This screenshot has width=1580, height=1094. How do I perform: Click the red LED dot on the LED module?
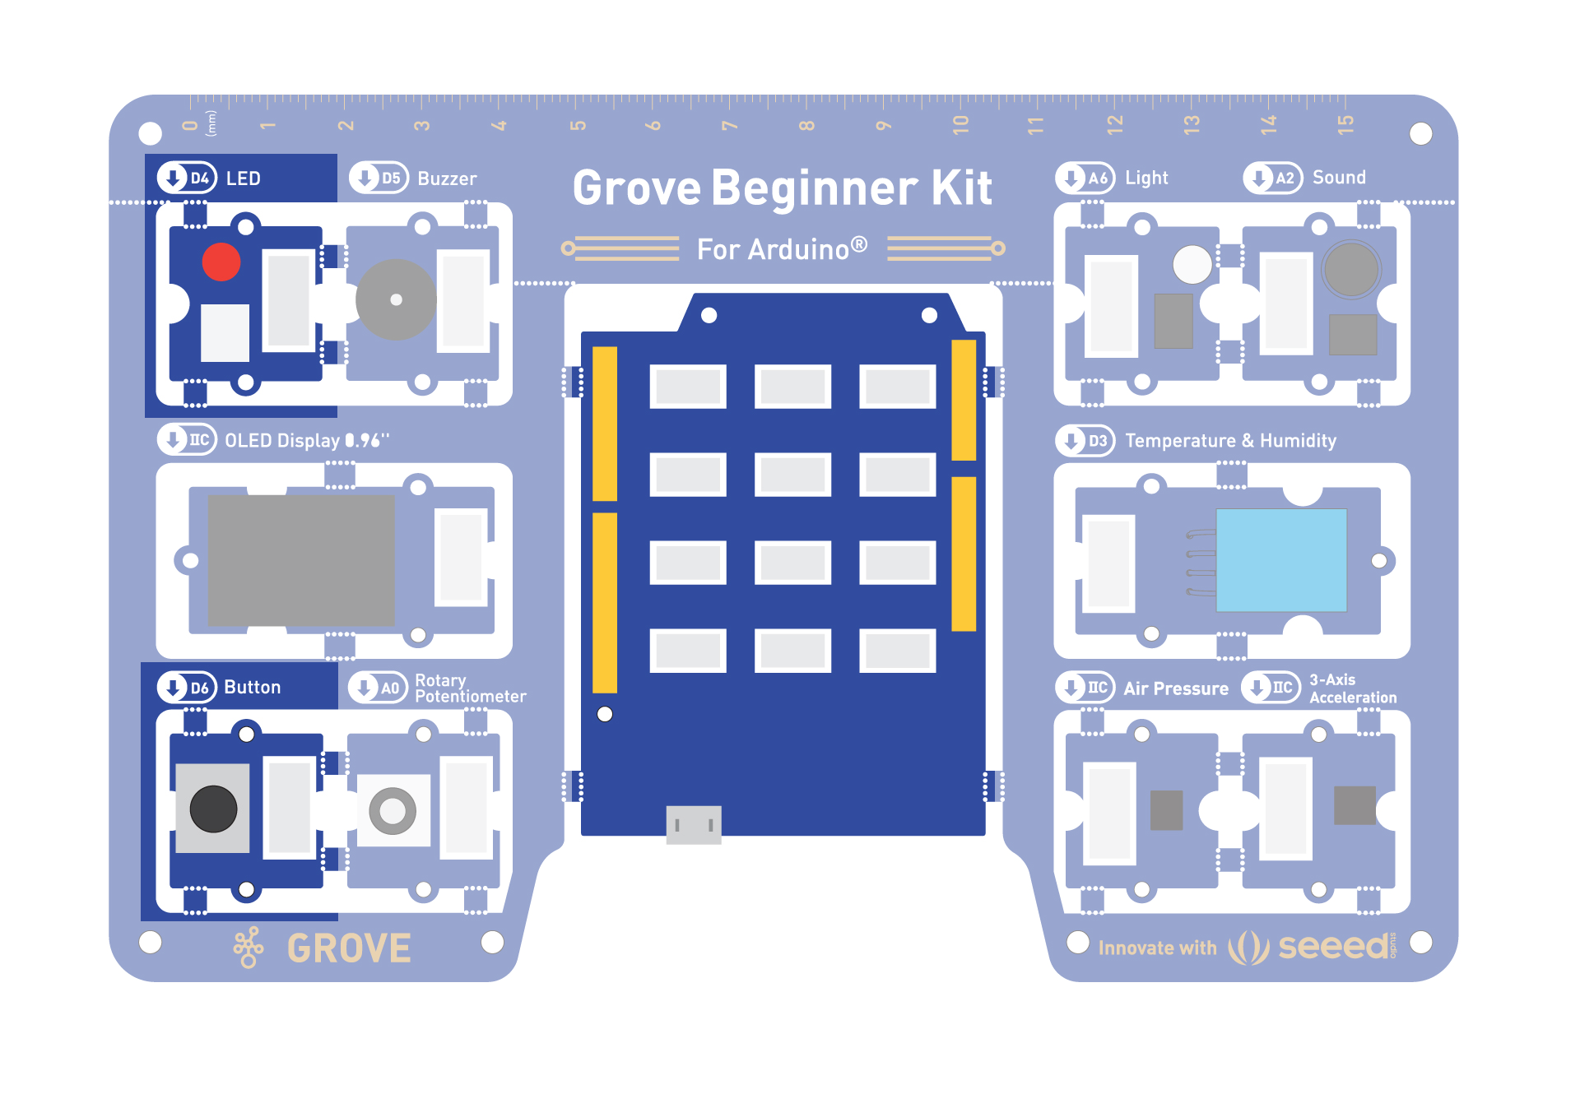click(x=221, y=262)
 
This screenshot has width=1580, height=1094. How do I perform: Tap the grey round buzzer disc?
click(x=396, y=299)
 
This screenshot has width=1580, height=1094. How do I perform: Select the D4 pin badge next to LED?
click(x=188, y=178)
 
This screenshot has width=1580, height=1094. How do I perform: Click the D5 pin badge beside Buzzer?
click(x=379, y=178)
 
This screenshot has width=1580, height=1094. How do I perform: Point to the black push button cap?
click(x=213, y=809)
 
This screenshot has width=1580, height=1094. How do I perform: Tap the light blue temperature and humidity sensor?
click(x=1281, y=560)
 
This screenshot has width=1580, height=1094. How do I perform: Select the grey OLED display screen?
click(x=301, y=560)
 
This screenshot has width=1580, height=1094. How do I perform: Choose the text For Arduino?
click(x=782, y=248)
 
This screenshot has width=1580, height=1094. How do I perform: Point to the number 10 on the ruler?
click(x=960, y=125)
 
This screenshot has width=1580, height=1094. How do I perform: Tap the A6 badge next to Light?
click(x=1085, y=178)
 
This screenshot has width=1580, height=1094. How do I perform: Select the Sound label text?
click(x=1339, y=178)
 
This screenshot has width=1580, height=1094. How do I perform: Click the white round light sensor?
click(x=1192, y=265)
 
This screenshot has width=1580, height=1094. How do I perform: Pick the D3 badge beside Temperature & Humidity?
click(x=1085, y=440)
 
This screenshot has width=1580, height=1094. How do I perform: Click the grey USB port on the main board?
click(x=694, y=824)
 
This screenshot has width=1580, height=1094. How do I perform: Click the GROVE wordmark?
click(x=349, y=948)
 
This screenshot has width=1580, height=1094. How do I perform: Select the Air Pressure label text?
click(x=1176, y=688)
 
